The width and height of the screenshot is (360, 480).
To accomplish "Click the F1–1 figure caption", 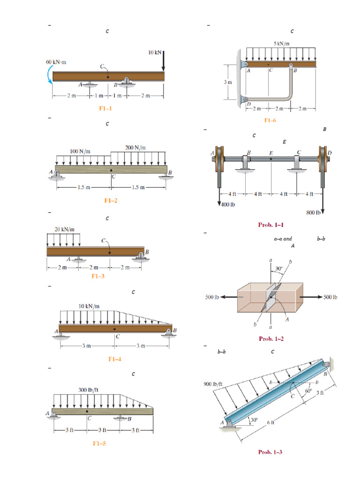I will point(105,108).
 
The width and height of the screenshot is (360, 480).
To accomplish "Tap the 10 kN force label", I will point(155,52).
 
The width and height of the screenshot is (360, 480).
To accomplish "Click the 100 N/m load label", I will point(80,151).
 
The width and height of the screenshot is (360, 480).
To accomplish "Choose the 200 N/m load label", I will point(135,147).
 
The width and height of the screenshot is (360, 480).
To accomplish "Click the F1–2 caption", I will point(111,201).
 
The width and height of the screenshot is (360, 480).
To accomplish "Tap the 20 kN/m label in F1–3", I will point(64,229).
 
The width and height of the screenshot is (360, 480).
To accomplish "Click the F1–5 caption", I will point(99,443).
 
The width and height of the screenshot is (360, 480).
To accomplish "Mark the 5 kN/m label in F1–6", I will point(281,44).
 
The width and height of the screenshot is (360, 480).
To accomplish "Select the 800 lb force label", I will point(313,212).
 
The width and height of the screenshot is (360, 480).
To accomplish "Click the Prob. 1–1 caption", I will point(271,225).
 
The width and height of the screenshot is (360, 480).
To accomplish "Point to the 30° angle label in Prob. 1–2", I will point(279,269).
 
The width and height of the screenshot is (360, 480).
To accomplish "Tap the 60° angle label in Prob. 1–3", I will point(308,390).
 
